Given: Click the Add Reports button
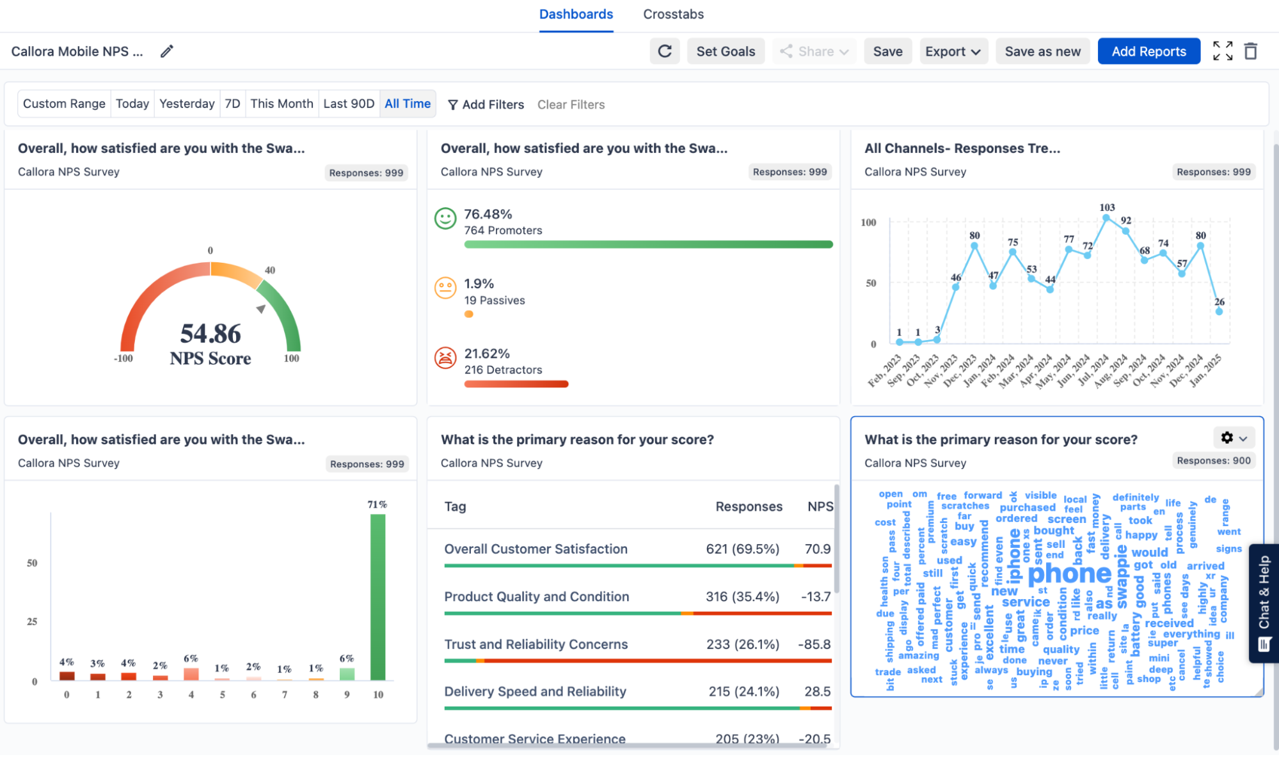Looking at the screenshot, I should [1148, 51].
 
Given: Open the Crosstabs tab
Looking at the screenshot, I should [673, 14].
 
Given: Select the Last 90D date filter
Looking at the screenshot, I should [349, 104].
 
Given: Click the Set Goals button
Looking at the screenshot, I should [726, 51].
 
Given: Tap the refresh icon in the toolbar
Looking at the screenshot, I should [665, 51].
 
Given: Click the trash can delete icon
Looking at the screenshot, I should [1250, 51].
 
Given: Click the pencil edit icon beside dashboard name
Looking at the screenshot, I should [167, 51].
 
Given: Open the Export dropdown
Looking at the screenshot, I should [953, 51].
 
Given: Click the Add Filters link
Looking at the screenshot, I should [486, 104].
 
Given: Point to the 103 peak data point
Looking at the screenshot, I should [1106, 218].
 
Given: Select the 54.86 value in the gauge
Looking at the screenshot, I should [211, 333].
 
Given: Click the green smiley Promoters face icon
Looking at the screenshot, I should [445, 219].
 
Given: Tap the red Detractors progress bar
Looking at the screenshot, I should [516, 384].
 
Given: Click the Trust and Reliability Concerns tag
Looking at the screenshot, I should [536, 644].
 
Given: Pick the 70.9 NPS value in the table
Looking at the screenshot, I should [817, 549].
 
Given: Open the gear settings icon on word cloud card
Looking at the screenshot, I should [1227, 437].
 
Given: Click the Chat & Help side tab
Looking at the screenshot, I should [1264, 602].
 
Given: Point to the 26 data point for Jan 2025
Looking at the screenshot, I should [1219, 311].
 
